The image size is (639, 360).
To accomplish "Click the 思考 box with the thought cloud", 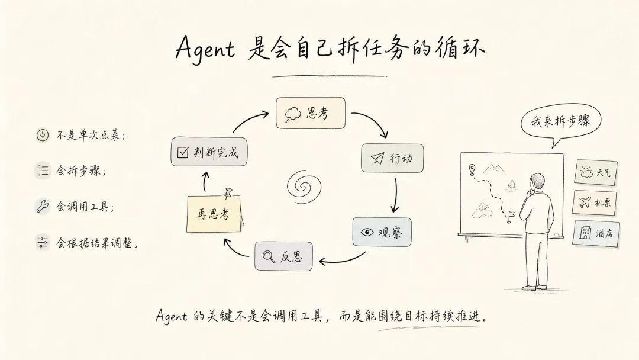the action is tap(311, 113).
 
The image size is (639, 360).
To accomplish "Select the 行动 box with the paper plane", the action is tap(392, 157).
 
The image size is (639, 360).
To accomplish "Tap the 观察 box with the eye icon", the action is tap(382, 232).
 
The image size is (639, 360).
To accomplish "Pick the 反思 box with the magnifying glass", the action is tap(283, 256).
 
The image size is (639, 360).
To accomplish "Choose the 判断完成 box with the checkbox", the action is tap(209, 152).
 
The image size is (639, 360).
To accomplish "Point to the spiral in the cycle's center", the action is tap(304, 187).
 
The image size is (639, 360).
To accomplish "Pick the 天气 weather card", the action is tap(596, 173).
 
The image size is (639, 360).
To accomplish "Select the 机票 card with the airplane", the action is tap(594, 202).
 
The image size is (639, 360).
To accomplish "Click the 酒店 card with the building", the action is tap(596, 233).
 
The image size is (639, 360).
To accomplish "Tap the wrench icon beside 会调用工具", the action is tap(43, 206).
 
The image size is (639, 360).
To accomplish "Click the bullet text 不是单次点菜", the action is tap(89, 135).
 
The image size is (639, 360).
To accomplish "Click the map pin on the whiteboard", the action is tap(472, 169).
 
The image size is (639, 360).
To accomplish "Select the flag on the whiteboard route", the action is tap(510, 217).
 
